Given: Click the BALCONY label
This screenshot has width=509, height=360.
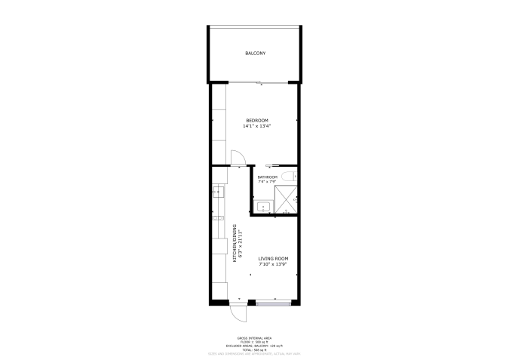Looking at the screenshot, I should pyautogui.click(x=255, y=54).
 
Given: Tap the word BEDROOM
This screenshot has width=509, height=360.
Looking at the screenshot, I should pyautogui.click(x=256, y=121).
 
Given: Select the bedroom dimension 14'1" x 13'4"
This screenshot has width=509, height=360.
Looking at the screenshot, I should pyautogui.click(x=256, y=126).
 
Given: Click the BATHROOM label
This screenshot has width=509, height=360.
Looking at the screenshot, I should pyautogui.click(x=268, y=177).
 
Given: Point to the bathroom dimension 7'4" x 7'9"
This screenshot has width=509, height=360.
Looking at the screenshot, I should pyautogui.click(x=267, y=182).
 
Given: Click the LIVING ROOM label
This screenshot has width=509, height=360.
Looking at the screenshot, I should pyautogui.click(x=273, y=259).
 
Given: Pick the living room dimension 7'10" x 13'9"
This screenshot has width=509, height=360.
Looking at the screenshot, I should pyautogui.click(x=273, y=264).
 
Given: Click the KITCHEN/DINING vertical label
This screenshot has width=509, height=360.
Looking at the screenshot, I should pyautogui.click(x=235, y=243).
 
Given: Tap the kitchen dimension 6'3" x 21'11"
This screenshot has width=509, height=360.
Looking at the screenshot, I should pyautogui.click(x=240, y=243).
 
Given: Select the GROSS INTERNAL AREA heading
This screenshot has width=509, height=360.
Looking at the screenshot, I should pyautogui.click(x=254, y=337).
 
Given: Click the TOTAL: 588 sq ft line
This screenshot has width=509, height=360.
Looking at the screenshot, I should pyautogui.click(x=254, y=349).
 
